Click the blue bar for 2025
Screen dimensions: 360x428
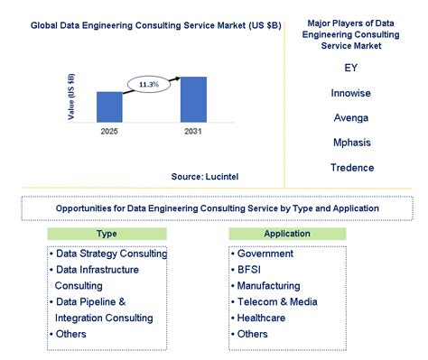point(109,106)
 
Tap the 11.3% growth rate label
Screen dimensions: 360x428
point(148,84)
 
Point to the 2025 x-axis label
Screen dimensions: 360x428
point(109,131)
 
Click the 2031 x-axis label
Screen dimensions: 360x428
point(193,131)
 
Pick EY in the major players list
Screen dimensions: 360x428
point(350,68)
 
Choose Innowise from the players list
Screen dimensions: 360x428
point(350,92)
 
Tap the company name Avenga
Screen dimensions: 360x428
point(350,117)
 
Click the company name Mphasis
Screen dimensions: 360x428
point(350,143)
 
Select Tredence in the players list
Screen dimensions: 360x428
point(350,168)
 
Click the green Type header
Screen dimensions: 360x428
point(107,234)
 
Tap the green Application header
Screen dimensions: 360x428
point(288,234)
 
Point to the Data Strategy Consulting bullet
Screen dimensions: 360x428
point(110,254)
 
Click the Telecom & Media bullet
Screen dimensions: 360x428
point(276,301)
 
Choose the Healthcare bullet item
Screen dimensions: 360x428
point(263,318)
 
